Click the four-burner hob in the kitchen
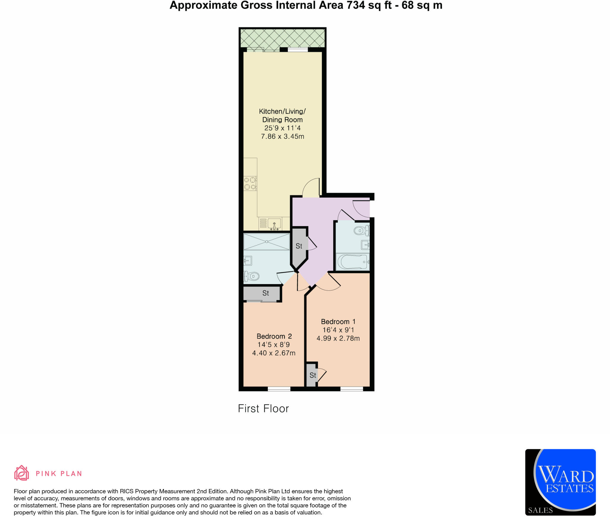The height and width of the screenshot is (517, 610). [x=250, y=183]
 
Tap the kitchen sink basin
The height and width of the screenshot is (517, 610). [x=274, y=223]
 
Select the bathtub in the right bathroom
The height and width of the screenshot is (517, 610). [x=353, y=262]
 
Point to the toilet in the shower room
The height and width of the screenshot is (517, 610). [x=252, y=276]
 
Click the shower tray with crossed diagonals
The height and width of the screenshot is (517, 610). [x=267, y=242]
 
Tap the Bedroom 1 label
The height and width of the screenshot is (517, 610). [x=338, y=322]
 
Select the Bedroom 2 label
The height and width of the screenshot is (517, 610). [x=274, y=336]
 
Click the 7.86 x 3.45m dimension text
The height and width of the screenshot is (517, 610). [x=282, y=137]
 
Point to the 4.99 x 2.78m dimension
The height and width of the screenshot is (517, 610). [x=338, y=339]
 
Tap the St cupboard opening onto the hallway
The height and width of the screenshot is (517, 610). [x=299, y=246]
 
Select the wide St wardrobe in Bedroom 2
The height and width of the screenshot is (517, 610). [x=262, y=293]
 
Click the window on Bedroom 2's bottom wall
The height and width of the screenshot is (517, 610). [x=279, y=389]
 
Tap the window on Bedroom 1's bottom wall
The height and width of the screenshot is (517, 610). [x=351, y=389]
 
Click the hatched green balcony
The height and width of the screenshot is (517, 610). [x=282, y=38]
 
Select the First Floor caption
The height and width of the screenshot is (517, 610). [x=263, y=408]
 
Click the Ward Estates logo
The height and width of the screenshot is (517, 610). [x=560, y=482]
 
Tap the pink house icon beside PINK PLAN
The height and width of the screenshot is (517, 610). [x=21, y=473]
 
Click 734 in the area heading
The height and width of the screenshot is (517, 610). [x=356, y=5]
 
